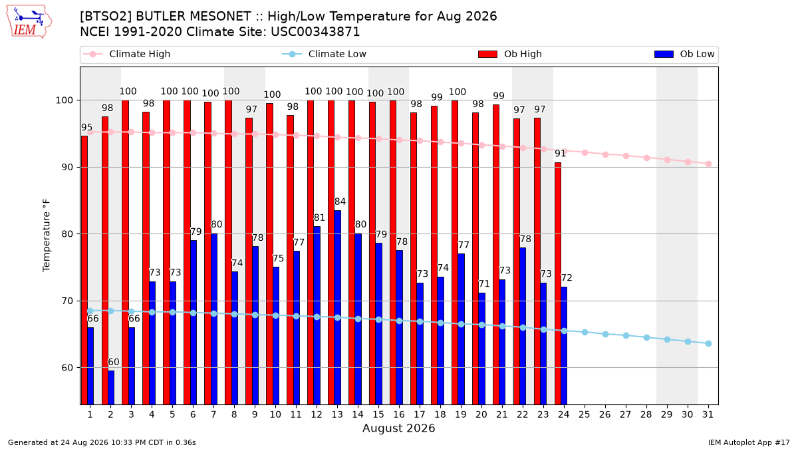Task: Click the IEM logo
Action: coord(29,22)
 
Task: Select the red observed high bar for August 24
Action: coord(558,283)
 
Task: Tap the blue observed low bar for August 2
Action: coord(111,388)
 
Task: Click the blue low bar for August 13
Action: coord(337,307)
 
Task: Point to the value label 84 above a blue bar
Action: coord(340,202)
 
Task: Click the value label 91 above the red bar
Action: coord(561,153)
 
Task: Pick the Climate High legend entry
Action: coord(126,54)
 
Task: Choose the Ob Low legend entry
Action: coord(684,54)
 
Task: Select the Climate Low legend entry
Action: coord(325,54)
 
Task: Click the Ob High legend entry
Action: coord(510,54)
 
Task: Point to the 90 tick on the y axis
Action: coord(68,168)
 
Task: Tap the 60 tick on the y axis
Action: coord(68,368)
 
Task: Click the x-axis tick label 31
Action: coord(708,414)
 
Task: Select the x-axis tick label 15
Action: coord(378,414)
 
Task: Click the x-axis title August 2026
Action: coord(398,428)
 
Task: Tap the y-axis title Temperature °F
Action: coord(47,236)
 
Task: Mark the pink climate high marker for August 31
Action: coord(709,164)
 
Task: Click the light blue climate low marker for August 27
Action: coord(626,336)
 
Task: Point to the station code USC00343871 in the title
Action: coord(315,32)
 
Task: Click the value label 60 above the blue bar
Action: coord(113,362)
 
